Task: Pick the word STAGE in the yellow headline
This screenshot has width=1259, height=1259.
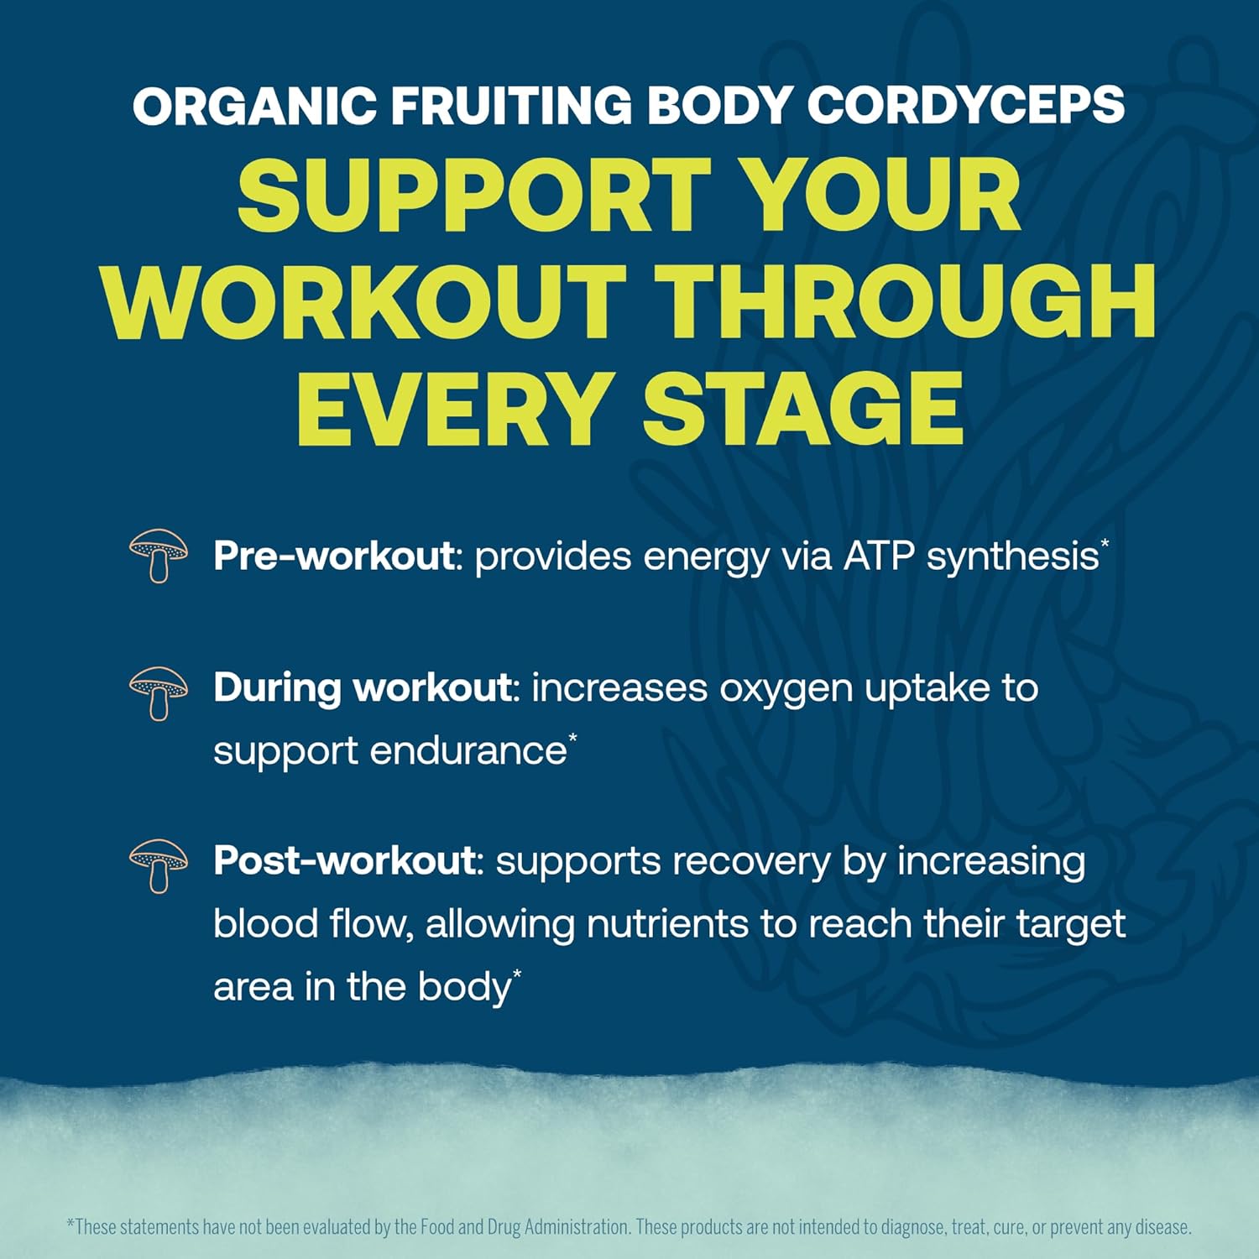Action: [x=802, y=409]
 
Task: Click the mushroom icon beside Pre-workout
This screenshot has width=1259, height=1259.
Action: [x=159, y=555]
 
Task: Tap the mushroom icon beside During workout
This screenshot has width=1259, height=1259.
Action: [x=159, y=692]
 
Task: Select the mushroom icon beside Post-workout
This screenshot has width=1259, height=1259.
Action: [x=159, y=865]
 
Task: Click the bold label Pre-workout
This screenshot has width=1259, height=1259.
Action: [x=333, y=556]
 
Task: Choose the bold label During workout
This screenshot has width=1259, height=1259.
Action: [x=362, y=687]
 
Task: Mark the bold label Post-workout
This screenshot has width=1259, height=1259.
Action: [x=344, y=860]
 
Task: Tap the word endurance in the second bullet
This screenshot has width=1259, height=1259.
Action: [x=468, y=750]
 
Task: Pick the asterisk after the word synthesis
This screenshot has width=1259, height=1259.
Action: [x=1105, y=544]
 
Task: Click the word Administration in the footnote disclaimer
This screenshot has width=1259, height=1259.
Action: [x=577, y=1227]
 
